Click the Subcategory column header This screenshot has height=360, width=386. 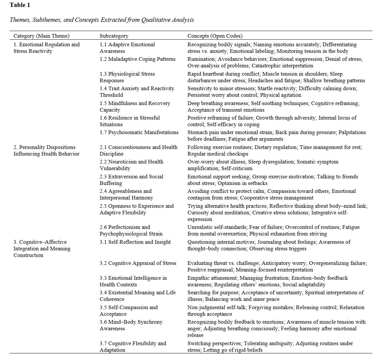point(114,36)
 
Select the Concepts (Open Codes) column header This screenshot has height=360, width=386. point(215,36)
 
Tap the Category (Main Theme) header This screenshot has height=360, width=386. point(41,36)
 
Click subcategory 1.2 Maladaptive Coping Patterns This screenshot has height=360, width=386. point(137,59)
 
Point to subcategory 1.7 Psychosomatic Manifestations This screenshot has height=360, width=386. point(139,132)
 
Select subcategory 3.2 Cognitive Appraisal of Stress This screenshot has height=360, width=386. point(138,263)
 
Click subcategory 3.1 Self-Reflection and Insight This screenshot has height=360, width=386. point(135,242)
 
